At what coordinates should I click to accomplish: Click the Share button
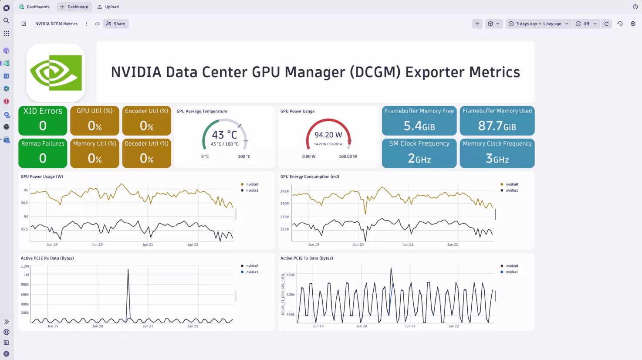[x=116, y=24]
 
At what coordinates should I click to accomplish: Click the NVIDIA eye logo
[x=56, y=73]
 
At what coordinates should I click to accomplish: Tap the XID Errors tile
[x=43, y=120]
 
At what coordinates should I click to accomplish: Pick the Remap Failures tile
[x=43, y=153]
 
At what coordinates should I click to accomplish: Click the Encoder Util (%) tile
[x=146, y=120]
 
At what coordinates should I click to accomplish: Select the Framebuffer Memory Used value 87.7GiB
[x=497, y=126]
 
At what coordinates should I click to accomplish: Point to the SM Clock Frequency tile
[x=419, y=153]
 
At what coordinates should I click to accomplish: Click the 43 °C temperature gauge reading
[x=224, y=135]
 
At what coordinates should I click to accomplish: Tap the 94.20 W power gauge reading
[x=328, y=135]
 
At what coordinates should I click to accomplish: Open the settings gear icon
[x=633, y=24]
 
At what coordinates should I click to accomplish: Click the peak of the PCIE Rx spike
[x=128, y=269]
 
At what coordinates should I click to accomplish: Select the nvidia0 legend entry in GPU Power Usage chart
[x=252, y=184]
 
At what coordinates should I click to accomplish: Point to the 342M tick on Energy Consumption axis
[x=285, y=191]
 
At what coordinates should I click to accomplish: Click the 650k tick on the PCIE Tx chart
[x=291, y=275]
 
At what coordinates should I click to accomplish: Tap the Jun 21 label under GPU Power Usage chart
[x=148, y=245]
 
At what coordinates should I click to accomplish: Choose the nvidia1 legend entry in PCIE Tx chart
[x=512, y=272]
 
